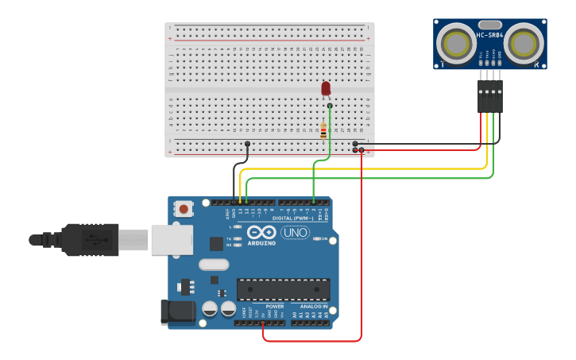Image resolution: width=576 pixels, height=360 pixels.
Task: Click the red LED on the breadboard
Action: (326, 88)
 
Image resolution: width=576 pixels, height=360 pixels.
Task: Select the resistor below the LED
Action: (323, 131)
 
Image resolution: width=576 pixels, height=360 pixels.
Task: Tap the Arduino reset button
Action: (184, 210)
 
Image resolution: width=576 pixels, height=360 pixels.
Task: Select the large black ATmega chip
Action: (283, 290)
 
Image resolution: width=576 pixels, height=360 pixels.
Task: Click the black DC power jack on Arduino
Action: (177, 312)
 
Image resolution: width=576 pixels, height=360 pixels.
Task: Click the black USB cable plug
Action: (91, 239)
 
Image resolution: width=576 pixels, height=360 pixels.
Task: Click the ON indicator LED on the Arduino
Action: (317, 238)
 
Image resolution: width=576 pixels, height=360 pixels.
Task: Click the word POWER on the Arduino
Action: (274, 306)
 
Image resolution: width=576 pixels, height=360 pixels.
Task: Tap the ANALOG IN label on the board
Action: (313, 306)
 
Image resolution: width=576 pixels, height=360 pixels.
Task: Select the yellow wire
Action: (365, 168)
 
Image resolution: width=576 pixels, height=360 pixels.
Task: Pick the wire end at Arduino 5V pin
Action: (263, 323)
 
